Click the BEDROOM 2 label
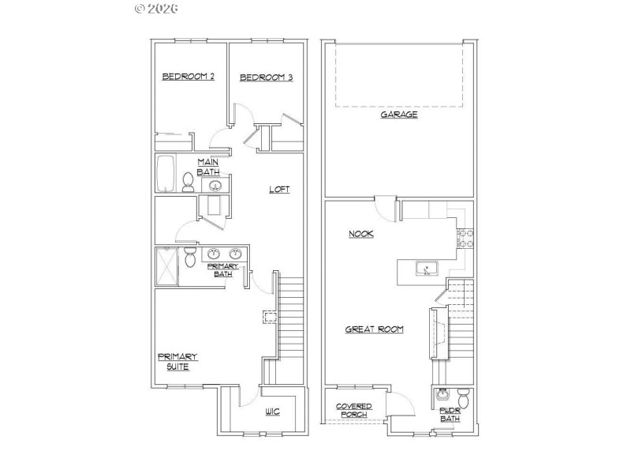coord(189,77)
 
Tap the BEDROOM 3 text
coord(267,77)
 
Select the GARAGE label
coord(399,115)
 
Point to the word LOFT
coord(279,189)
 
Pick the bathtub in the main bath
coord(166,175)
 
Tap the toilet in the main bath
coord(189,183)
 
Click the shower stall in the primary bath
coord(166,266)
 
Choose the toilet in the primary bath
coord(190,258)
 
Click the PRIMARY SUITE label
coord(177,361)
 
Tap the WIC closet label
coord(273,412)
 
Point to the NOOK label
coord(361,234)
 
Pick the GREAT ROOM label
coord(375,329)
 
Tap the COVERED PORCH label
coord(354,410)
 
